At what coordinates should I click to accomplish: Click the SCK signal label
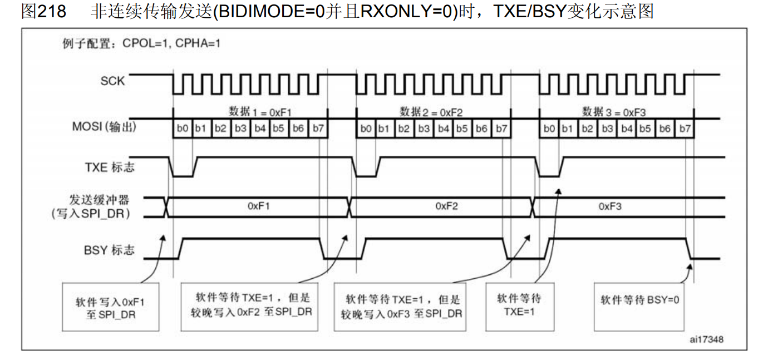click(x=112, y=81)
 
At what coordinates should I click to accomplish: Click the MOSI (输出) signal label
click(x=104, y=127)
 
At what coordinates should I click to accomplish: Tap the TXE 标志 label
click(x=110, y=166)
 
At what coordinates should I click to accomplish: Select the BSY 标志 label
click(x=109, y=250)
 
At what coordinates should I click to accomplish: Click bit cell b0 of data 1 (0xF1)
click(x=183, y=129)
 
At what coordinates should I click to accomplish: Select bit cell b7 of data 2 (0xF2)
click(x=501, y=129)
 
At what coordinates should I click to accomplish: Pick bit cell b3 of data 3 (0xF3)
click(x=608, y=129)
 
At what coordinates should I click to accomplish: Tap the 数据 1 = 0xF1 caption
click(x=260, y=111)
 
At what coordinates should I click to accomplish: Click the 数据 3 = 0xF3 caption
click(x=614, y=111)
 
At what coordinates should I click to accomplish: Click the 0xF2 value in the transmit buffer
click(x=446, y=206)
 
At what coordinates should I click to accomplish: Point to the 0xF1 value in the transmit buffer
click(x=259, y=206)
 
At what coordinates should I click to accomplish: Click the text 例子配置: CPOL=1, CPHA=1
click(x=141, y=43)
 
